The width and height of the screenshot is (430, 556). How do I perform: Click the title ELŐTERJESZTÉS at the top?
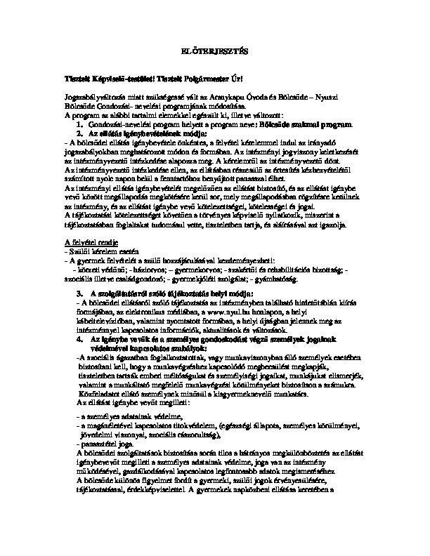(x=215, y=53)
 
